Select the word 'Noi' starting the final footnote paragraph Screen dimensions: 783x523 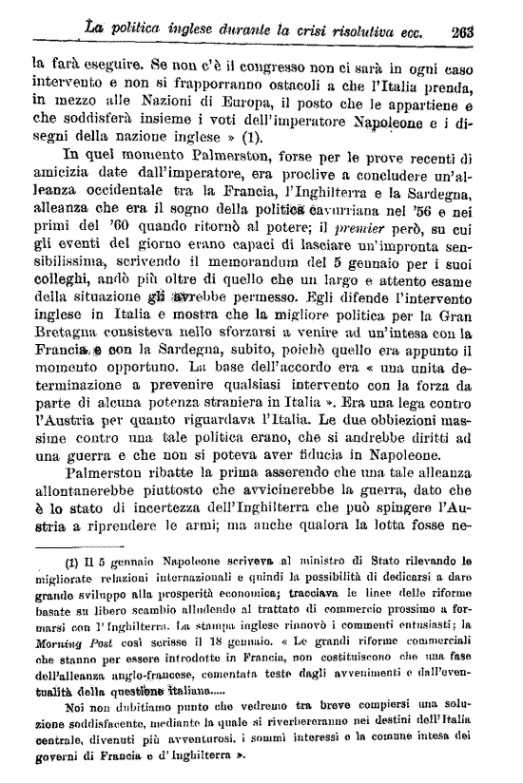(68, 709)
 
